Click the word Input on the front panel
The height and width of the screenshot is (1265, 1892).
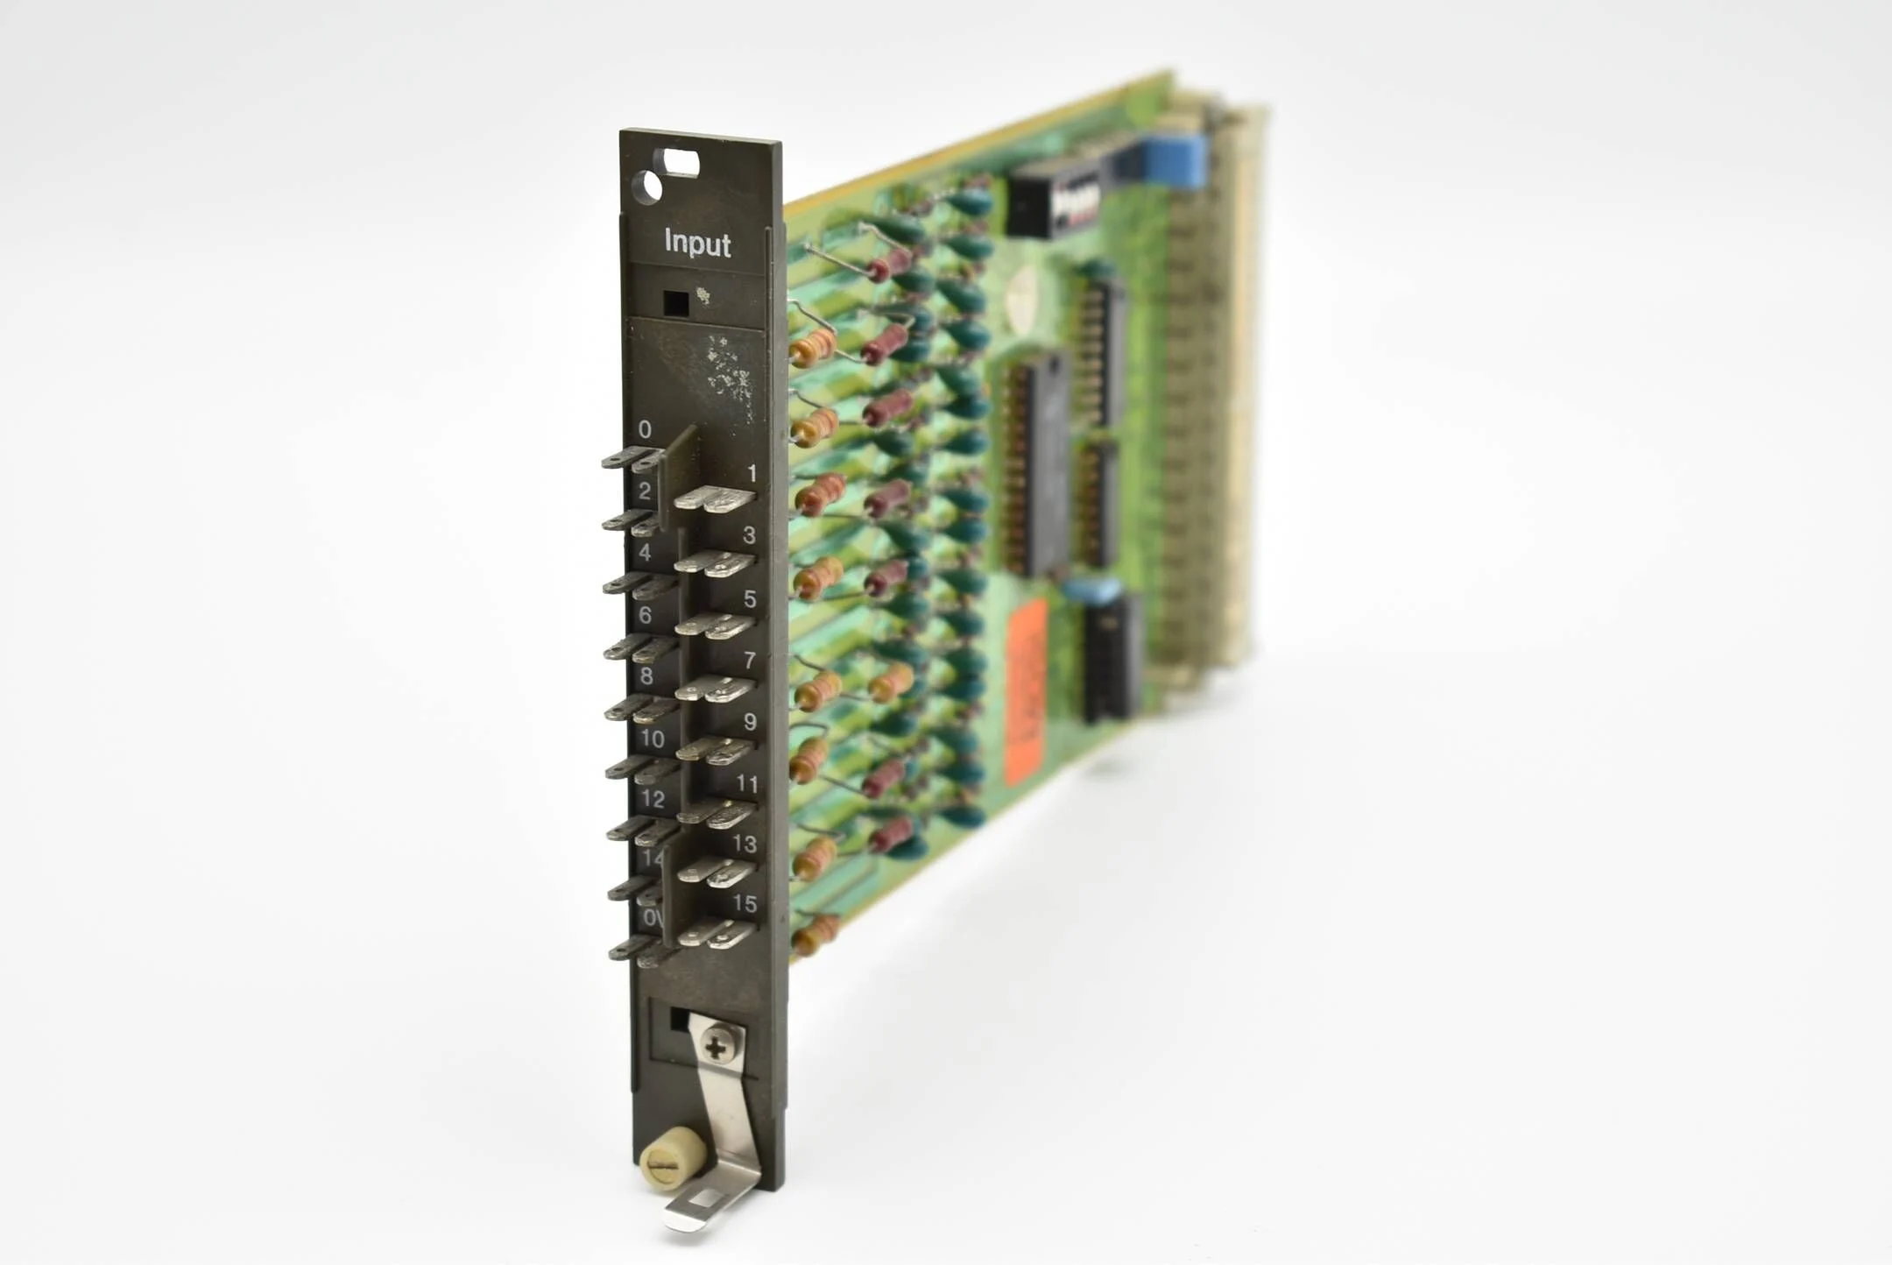click(x=697, y=243)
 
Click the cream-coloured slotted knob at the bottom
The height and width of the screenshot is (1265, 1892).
click(x=672, y=1159)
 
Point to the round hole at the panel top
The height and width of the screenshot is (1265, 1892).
click(x=647, y=187)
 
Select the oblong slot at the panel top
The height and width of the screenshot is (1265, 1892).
click(x=681, y=163)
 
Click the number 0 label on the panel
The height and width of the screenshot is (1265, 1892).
click(x=645, y=429)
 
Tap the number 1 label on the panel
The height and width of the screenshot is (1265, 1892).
click(x=752, y=474)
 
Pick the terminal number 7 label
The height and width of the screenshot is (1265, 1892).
click(x=750, y=660)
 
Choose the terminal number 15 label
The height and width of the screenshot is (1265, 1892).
click(x=745, y=903)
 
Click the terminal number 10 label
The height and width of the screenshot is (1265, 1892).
click(x=652, y=739)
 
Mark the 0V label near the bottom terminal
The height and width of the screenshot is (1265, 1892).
click(x=652, y=917)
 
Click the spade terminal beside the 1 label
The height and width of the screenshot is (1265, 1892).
click(x=714, y=499)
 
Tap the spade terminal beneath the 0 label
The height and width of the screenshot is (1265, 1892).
click(x=632, y=459)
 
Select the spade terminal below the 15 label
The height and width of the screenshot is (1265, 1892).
click(x=717, y=934)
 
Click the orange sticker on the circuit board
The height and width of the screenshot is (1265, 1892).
click(x=1026, y=692)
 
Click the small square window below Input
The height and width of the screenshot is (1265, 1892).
click(x=676, y=303)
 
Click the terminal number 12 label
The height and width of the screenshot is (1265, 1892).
click(x=653, y=799)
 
